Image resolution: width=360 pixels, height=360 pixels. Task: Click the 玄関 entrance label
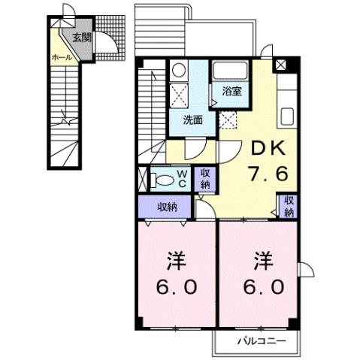[82, 36]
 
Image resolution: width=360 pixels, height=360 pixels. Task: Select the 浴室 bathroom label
[231, 92]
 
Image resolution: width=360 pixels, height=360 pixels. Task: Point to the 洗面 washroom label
[193, 118]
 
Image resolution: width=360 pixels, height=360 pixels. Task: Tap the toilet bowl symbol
[163, 180]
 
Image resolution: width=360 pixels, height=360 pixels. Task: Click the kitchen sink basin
[288, 117]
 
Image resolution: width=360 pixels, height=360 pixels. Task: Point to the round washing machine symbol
[178, 70]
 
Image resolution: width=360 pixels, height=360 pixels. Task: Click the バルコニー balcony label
[262, 340]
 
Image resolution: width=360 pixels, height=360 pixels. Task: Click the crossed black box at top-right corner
[280, 65]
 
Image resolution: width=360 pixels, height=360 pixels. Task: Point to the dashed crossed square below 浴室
[228, 119]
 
